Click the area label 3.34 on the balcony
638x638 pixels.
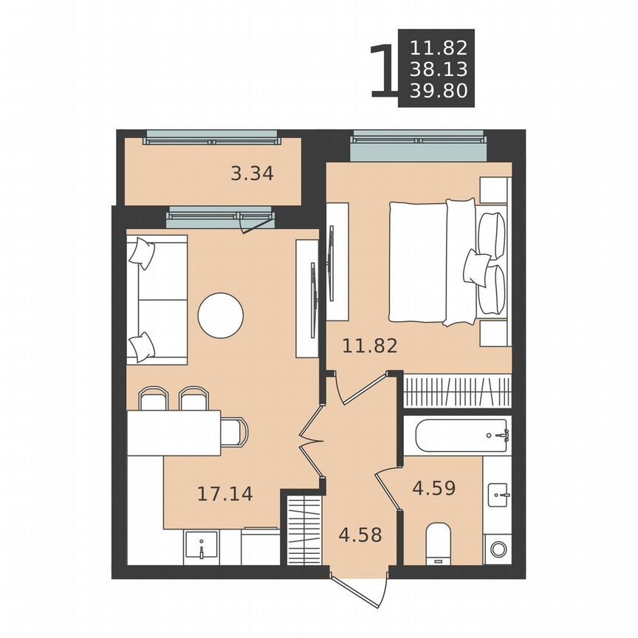(252, 174)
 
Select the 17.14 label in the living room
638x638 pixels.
(224, 493)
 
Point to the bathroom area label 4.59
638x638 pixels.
(433, 488)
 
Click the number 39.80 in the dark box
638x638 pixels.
(439, 92)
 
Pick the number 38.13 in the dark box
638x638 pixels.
(439, 71)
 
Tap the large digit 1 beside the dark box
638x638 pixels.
(382, 71)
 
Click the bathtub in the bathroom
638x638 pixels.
(461, 436)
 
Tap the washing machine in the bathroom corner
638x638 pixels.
(498, 549)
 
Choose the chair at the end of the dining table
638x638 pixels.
(235, 432)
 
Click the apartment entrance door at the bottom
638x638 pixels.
(360, 588)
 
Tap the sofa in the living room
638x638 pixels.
(156, 300)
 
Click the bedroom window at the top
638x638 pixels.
(419, 145)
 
